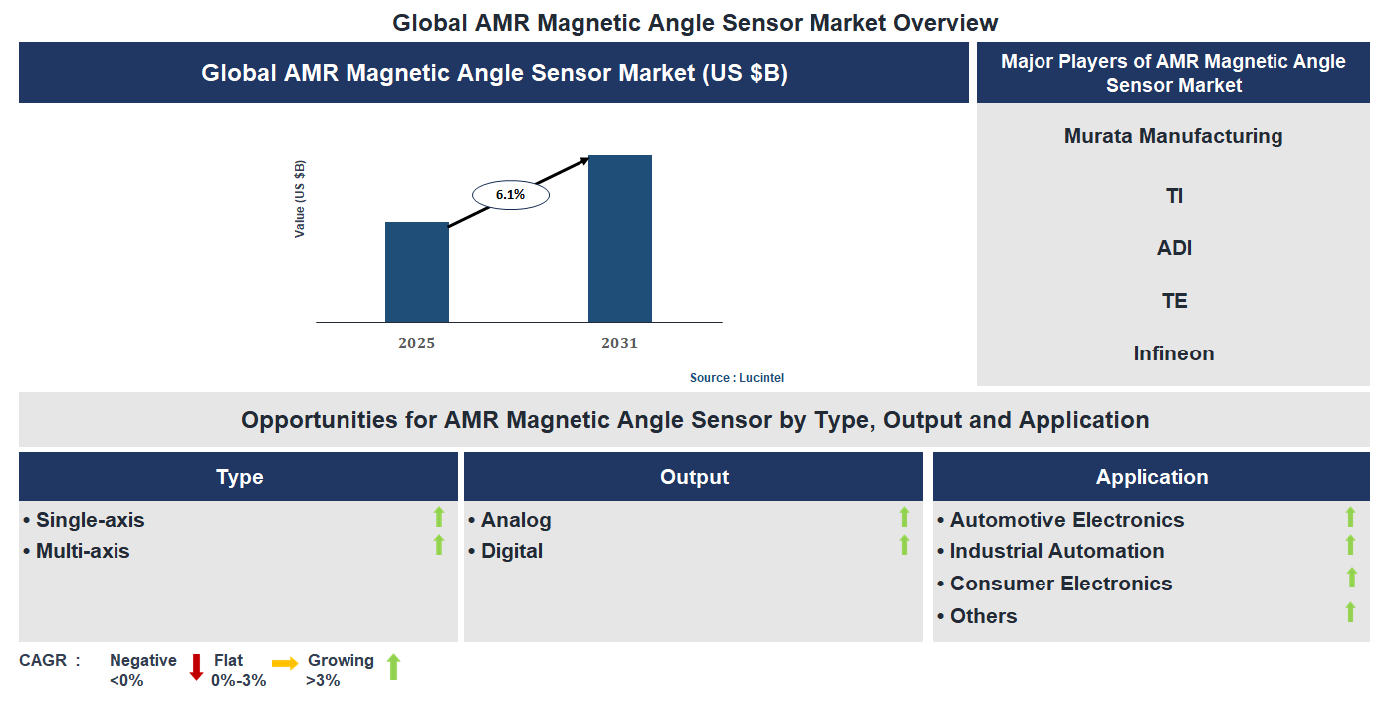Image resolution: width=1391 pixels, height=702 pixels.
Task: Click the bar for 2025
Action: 416,272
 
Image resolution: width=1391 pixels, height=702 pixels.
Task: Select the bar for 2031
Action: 619,239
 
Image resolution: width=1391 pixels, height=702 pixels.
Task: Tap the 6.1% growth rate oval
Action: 510,195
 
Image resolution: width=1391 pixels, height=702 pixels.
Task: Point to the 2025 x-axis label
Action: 416,343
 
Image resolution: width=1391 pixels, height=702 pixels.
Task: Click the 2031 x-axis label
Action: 619,343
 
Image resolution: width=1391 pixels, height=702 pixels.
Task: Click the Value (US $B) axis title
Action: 300,199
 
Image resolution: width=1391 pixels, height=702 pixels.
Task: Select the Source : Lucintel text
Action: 744,378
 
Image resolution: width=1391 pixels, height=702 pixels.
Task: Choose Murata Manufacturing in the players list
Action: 1173,136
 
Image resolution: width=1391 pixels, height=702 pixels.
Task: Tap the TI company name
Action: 1174,196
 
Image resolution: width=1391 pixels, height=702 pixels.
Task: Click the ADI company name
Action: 1174,248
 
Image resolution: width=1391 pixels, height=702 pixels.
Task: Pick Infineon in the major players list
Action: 1173,353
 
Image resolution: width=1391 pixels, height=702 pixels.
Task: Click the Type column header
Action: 239,477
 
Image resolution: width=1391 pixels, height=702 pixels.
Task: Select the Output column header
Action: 694,477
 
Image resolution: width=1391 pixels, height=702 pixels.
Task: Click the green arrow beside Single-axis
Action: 438,516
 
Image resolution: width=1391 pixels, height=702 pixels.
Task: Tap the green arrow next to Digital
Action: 904,545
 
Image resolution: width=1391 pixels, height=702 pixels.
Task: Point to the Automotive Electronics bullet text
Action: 1065,520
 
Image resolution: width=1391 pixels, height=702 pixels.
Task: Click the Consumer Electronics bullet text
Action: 1059,584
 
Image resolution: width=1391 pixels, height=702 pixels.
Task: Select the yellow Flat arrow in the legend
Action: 285,663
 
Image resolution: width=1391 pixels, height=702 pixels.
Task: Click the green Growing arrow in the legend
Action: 393,667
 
